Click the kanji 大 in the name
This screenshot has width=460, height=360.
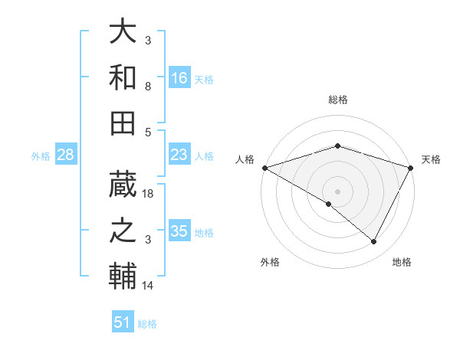point(123,32)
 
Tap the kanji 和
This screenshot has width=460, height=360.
point(123,77)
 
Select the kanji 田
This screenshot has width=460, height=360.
point(123,123)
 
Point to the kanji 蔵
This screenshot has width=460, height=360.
point(123,185)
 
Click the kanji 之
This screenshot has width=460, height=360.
point(123,231)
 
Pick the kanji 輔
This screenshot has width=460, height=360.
point(123,276)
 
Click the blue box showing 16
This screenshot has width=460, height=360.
point(179,77)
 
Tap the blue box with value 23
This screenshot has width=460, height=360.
point(179,155)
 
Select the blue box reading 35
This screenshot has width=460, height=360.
point(179,231)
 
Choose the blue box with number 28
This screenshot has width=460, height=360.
point(65,155)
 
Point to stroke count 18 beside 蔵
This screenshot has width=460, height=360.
point(149,195)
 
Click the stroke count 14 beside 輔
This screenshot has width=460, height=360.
point(149,286)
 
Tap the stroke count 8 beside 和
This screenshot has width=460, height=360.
point(149,87)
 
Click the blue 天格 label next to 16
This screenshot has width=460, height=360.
point(203,80)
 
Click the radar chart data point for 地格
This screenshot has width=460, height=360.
point(374,242)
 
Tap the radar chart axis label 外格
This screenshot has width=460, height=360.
point(270,262)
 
